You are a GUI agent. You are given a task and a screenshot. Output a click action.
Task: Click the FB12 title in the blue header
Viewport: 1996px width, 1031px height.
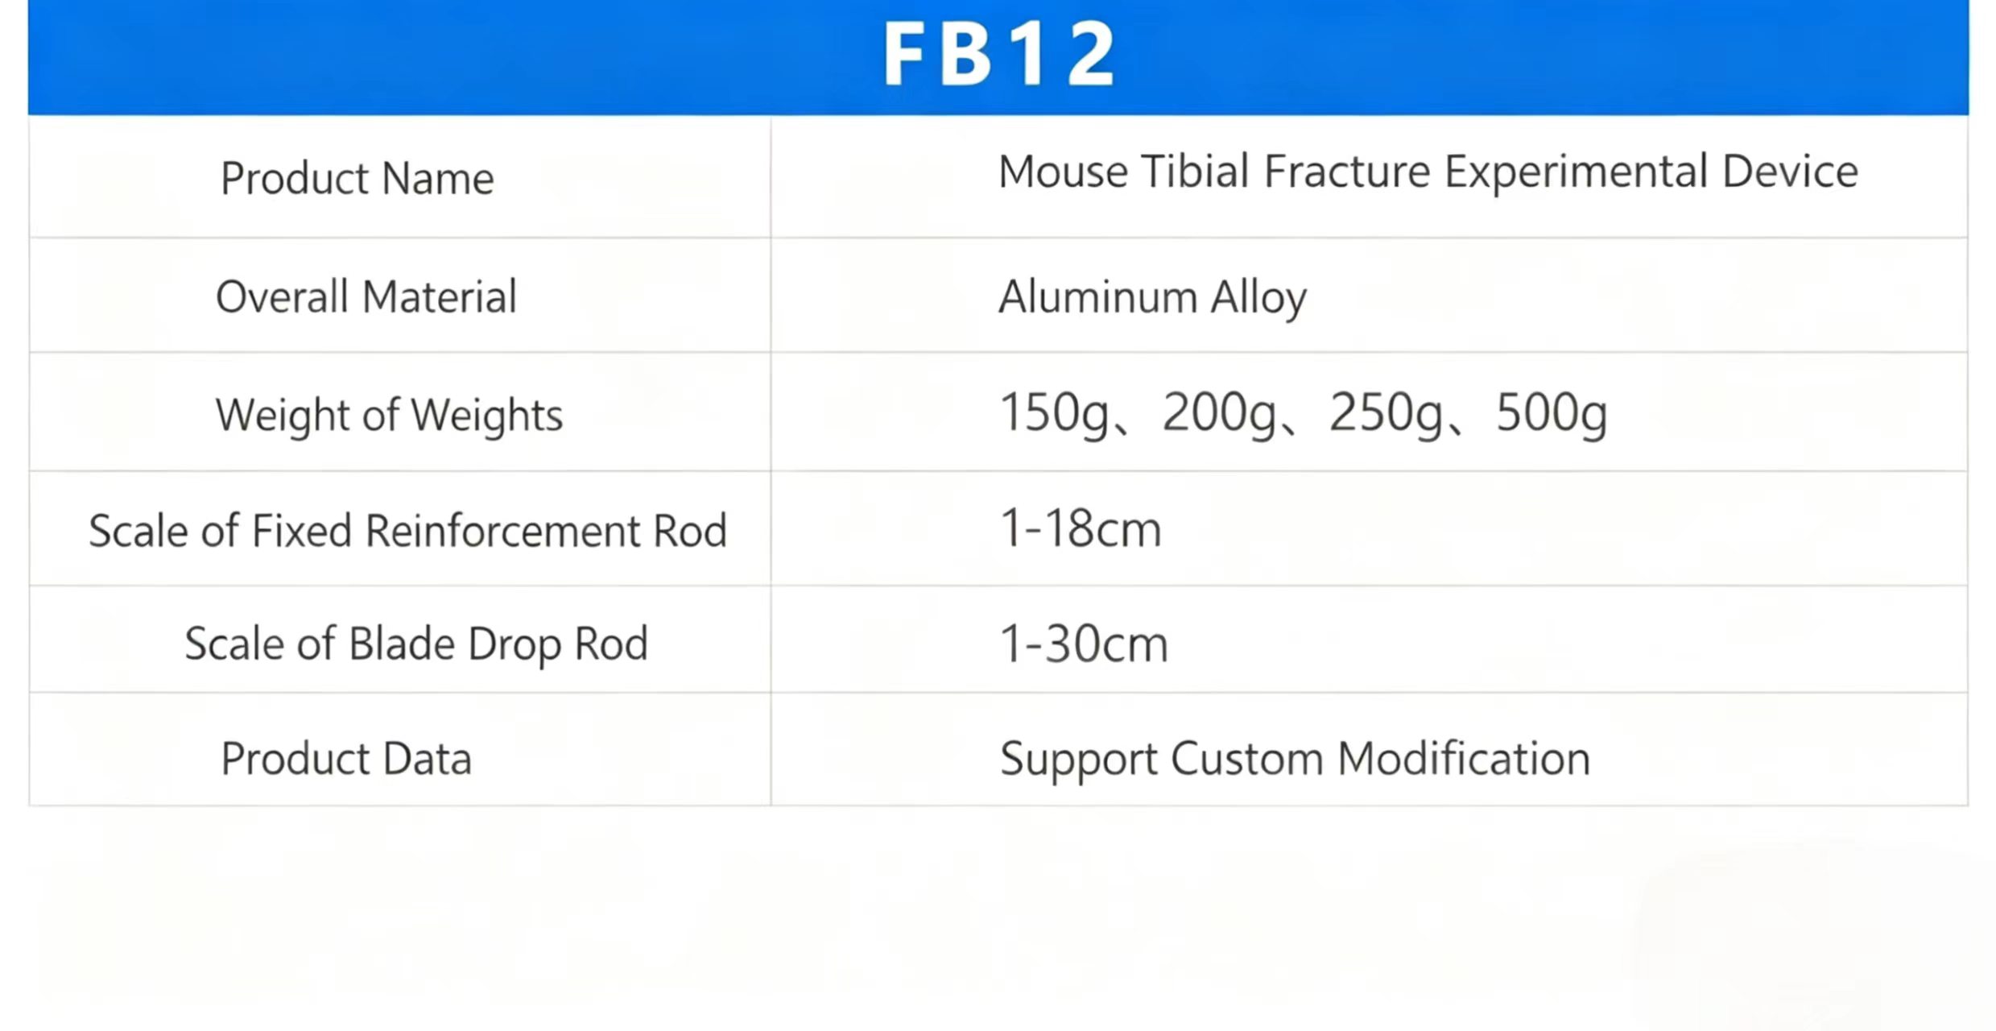[x=999, y=53]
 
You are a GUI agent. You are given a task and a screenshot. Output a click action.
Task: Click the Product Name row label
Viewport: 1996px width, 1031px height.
[x=357, y=178]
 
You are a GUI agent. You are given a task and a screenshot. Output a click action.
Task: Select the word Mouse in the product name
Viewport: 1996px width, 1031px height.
[x=1064, y=172]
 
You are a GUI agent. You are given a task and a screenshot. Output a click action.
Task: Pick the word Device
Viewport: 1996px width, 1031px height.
[x=1790, y=172]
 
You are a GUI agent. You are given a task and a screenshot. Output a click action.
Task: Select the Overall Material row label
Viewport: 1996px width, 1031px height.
[x=366, y=296]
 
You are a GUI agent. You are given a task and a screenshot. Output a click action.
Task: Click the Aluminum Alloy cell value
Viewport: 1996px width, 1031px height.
[x=1152, y=298]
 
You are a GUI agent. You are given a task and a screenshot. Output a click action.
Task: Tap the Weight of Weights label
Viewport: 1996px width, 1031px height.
[x=390, y=416]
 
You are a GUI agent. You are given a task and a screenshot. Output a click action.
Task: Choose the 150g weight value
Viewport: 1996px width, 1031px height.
[x=1054, y=413]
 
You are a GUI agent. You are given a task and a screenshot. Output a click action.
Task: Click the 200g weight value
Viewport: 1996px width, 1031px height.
[x=1219, y=413]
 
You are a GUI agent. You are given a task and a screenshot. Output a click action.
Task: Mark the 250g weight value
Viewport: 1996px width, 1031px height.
[x=1386, y=413]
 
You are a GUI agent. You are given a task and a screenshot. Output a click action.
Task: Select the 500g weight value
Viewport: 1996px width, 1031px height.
[x=1552, y=413]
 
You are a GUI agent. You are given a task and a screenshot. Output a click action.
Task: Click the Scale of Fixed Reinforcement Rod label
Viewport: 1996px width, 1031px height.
[x=408, y=531]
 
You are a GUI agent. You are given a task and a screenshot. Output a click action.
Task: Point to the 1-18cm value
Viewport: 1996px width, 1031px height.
[x=1081, y=529]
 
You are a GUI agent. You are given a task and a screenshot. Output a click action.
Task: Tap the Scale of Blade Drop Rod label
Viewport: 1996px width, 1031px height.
[x=416, y=644]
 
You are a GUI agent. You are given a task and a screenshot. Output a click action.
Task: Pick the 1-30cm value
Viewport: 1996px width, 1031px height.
[x=1084, y=644]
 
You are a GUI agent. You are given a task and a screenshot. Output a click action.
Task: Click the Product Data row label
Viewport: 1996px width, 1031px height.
[x=346, y=759]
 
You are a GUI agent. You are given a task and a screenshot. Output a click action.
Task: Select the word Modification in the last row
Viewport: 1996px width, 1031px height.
[x=1464, y=759]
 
